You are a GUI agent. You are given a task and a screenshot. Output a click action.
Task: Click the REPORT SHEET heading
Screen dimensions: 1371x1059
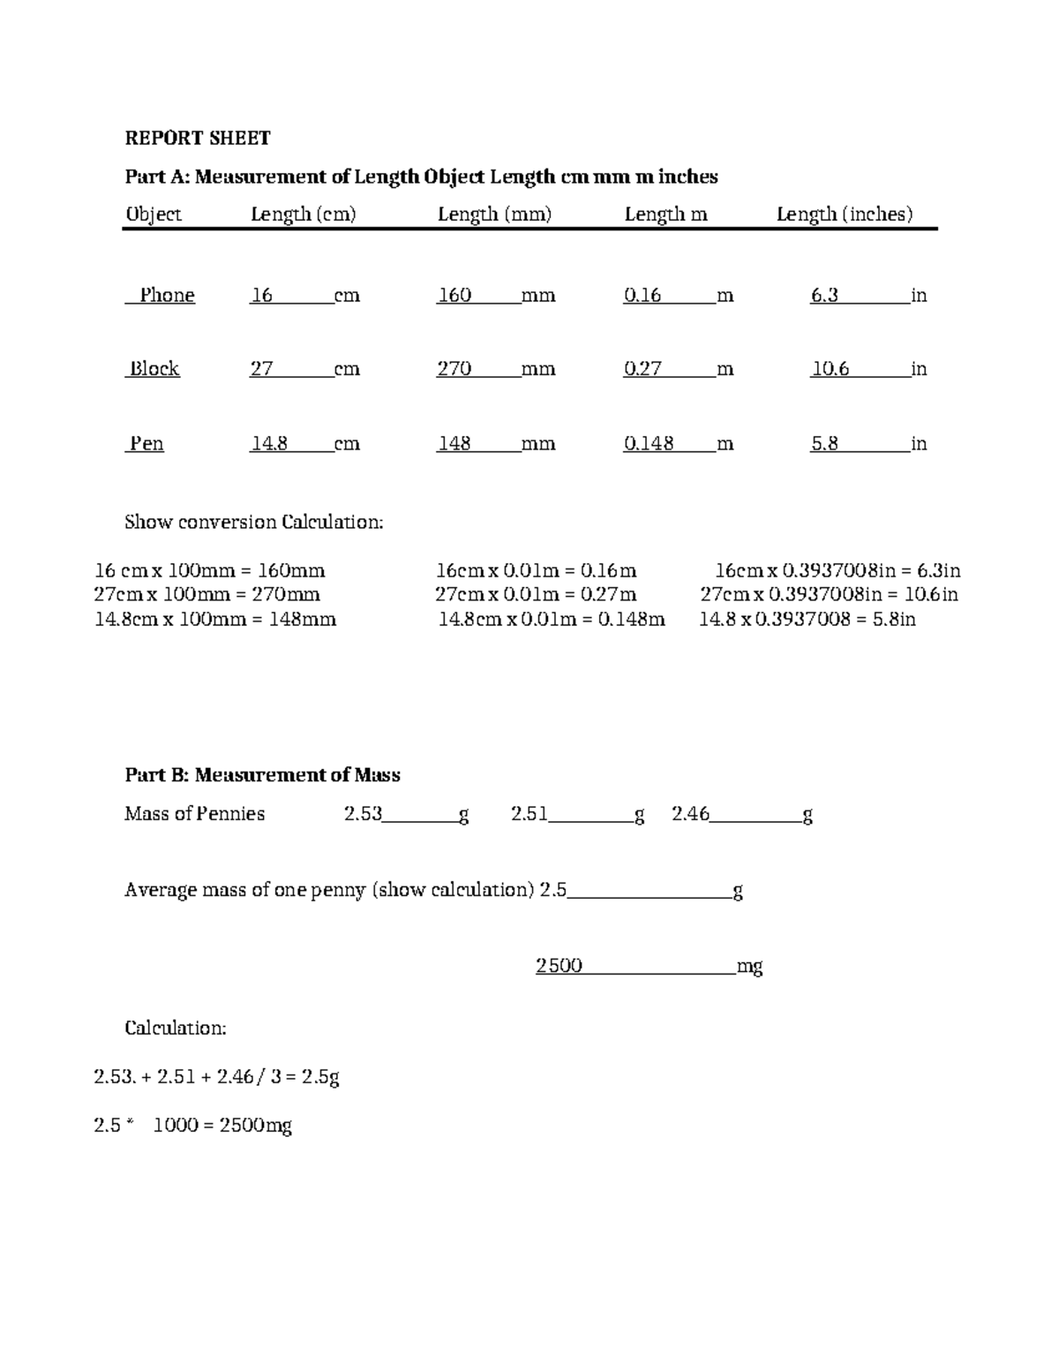(197, 138)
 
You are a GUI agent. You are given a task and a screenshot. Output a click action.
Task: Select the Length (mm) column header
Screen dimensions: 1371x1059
(494, 214)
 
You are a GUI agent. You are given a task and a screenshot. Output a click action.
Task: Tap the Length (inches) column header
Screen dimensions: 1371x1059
(844, 214)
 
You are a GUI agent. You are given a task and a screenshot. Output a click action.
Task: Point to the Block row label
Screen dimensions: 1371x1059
(154, 369)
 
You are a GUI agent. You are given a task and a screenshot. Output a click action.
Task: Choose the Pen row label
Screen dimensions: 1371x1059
(146, 443)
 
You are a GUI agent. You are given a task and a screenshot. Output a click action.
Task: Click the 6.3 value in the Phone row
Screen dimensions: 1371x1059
(824, 295)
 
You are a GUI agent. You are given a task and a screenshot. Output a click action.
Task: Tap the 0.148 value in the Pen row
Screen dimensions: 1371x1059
(649, 443)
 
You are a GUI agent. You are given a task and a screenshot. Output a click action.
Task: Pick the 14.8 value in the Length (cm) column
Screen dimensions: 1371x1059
(269, 443)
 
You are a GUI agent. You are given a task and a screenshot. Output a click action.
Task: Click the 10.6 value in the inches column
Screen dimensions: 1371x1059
(830, 369)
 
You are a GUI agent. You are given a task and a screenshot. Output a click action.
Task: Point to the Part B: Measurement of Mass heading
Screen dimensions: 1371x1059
(262, 775)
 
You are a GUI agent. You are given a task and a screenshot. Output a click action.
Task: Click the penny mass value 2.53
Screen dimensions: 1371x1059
(363, 814)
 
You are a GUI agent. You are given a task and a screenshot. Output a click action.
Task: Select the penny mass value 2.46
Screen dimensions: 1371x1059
(690, 814)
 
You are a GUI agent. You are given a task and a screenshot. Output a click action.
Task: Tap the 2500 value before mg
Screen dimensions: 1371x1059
(559, 966)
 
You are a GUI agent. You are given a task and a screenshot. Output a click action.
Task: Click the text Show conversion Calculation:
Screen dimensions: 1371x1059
(254, 522)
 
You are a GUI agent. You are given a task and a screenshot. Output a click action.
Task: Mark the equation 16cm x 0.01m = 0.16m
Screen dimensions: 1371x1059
(537, 570)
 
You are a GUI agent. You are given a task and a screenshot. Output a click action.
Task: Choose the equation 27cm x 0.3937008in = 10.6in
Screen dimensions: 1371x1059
(829, 594)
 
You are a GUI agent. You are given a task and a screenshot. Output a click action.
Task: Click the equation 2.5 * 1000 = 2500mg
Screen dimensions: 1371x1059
(192, 1126)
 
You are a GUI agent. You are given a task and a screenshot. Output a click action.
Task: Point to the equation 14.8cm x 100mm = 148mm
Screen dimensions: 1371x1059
(214, 619)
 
